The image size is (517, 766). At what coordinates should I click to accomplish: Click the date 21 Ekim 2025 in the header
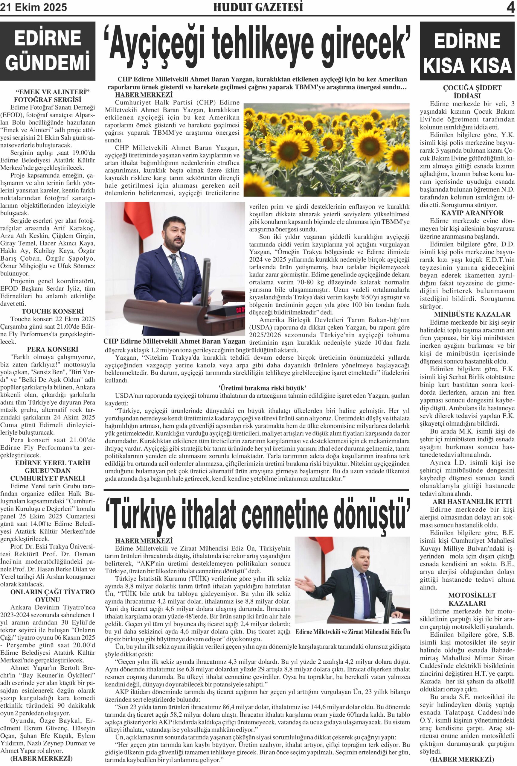coord(33,7)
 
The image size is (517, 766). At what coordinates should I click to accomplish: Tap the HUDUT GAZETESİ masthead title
coord(258,7)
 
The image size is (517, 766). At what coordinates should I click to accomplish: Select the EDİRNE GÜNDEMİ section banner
coord(48,51)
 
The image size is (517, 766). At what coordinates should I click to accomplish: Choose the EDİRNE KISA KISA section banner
coord(467,53)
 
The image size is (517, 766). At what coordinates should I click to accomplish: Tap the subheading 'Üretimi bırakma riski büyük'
coord(262,388)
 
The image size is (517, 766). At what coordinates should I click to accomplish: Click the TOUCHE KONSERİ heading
coord(53,311)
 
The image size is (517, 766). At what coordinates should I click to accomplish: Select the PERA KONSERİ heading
coord(53,349)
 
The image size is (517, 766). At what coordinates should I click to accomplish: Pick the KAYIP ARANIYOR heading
coord(467,213)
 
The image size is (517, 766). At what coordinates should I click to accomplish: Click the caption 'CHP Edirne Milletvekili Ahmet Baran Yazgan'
coord(175,341)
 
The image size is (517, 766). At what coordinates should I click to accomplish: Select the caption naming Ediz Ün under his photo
coord(353,632)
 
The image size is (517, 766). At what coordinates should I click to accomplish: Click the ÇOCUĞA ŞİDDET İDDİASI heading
coord(467,92)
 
